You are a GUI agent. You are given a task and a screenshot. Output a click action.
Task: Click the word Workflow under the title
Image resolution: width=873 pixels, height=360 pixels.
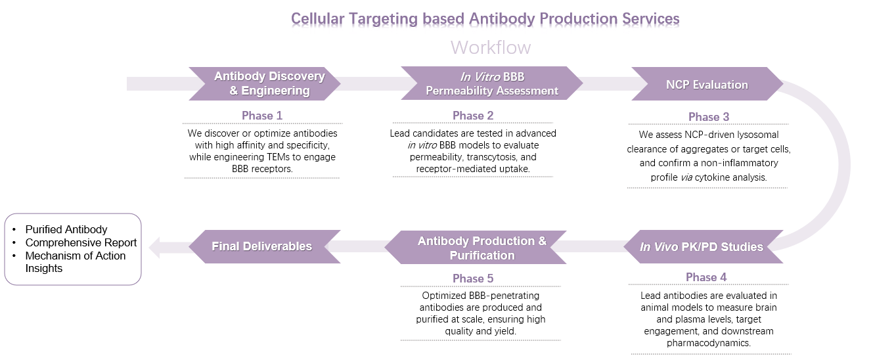[490, 48]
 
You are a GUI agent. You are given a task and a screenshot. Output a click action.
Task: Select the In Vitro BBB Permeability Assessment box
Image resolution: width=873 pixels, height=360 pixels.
[491, 83]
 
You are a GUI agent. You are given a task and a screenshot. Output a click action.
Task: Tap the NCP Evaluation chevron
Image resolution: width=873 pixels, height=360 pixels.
[706, 84]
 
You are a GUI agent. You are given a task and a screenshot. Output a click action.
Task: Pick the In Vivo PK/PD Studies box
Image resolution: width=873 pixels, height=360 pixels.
[702, 247]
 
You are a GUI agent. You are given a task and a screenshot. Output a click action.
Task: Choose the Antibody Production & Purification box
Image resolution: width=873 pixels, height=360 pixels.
[481, 248]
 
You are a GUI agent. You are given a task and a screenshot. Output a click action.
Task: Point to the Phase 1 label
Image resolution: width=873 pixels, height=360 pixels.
[261, 116]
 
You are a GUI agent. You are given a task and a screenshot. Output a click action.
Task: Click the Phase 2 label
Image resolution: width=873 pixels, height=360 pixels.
[472, 116]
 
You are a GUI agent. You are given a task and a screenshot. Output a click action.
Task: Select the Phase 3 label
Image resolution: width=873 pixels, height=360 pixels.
[708, 117]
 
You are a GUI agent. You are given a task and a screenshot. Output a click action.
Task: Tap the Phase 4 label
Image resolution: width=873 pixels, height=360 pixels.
[706, 277]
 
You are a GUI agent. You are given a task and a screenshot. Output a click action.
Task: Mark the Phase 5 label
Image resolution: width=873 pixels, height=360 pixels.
[472, 279]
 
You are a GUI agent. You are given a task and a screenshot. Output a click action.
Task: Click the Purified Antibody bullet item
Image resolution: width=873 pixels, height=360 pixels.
[66, 229]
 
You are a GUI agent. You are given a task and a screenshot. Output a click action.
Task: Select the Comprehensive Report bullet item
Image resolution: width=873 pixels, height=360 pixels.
[81, 242]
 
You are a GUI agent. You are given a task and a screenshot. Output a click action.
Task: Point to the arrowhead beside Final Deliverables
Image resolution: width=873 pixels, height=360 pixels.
[154, 248]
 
